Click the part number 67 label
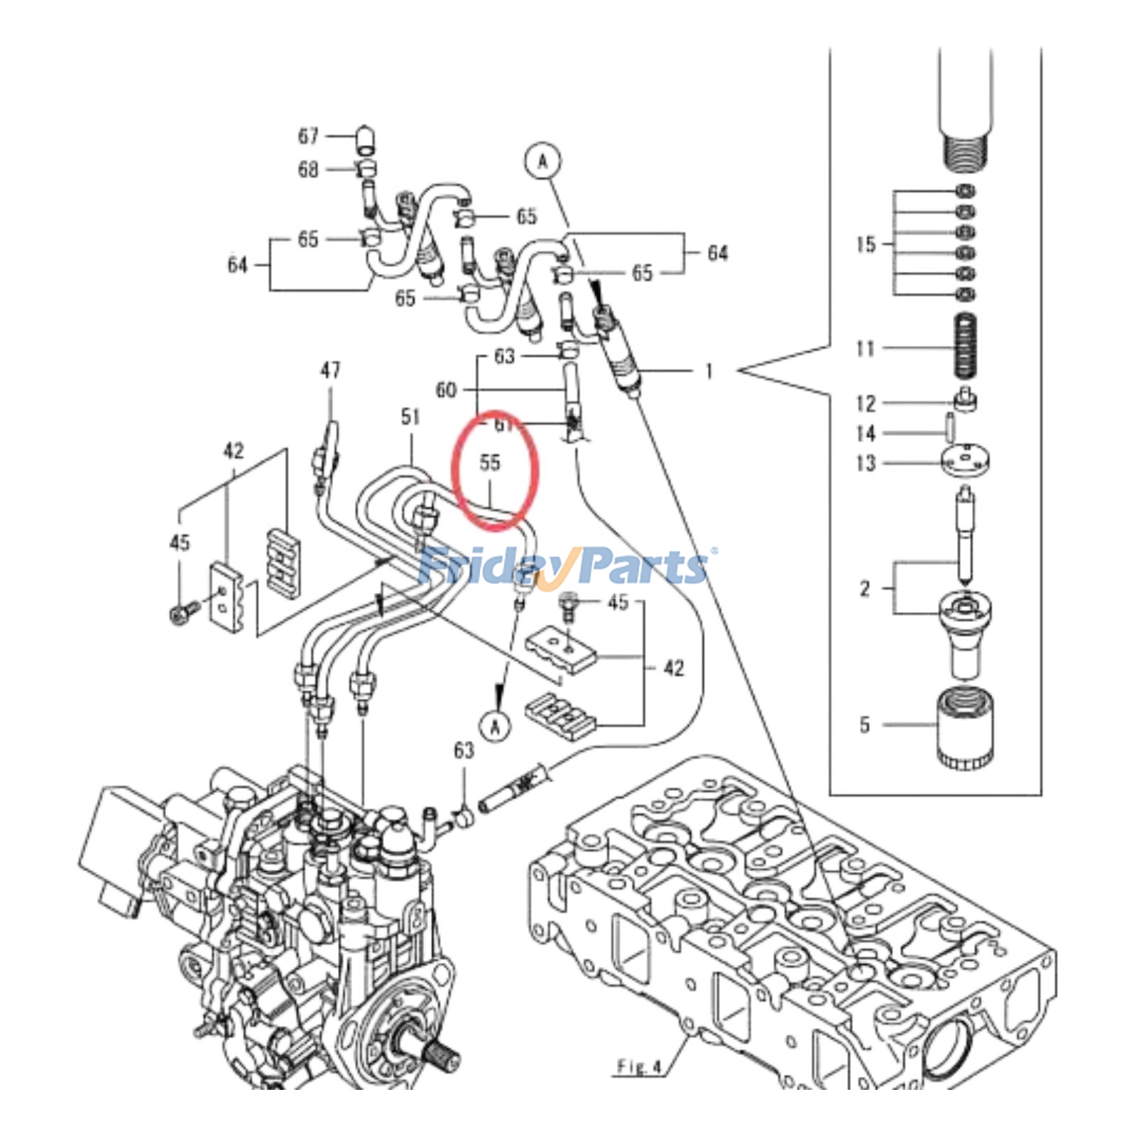(307, 136)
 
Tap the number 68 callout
(307, 170)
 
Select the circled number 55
(490, 462)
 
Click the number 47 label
(330, 370)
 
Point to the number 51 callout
(410, 417)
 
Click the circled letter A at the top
(542, 162)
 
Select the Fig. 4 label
(639, 1067)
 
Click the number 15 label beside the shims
(865, 244)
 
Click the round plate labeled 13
(966, 461)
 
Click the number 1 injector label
(708, 371)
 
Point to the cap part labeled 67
(365, 138)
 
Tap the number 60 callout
(446, 390)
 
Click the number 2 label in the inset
(864, 588)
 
